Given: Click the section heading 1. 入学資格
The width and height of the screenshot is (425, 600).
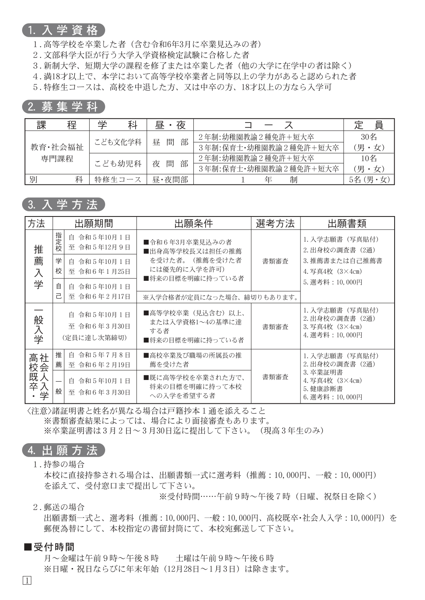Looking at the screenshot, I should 64,30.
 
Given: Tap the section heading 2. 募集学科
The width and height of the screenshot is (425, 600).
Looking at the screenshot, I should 64,107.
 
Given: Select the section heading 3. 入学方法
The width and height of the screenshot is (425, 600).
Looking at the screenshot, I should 64,205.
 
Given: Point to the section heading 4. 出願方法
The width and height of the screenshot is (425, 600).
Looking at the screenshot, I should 64,450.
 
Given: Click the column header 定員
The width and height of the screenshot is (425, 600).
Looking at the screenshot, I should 369,125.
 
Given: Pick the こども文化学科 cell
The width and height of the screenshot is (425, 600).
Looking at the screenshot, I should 118,142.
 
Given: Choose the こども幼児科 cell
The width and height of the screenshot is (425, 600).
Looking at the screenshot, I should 118,164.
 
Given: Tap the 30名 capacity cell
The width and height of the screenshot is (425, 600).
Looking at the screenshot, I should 369,137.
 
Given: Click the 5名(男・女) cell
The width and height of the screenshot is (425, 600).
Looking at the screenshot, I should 369,180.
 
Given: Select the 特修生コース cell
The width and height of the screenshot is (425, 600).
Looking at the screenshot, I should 118,180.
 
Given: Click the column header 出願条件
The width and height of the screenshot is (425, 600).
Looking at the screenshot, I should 194,224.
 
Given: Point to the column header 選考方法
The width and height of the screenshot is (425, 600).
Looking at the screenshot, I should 275,224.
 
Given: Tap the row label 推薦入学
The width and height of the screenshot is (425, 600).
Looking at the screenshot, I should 38,267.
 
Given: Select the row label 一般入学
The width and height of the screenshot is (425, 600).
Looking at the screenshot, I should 38,326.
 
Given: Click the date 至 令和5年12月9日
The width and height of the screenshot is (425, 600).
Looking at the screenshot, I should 99,247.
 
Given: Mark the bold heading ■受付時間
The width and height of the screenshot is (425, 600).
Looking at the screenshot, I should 49,547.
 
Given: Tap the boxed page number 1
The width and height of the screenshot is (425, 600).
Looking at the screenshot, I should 27,580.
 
